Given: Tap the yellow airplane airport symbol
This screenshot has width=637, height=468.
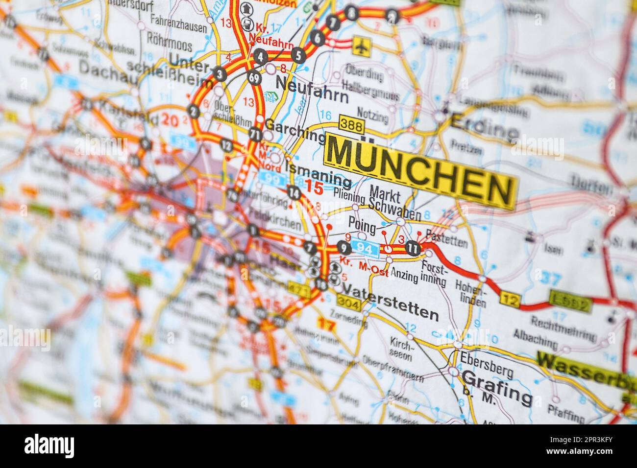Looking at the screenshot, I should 362,46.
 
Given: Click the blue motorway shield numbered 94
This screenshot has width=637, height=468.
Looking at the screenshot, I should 367,249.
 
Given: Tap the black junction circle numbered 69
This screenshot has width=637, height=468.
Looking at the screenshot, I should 254,78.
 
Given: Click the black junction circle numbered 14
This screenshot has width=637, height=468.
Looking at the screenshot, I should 294,193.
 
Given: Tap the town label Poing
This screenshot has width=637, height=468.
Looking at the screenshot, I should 362,226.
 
